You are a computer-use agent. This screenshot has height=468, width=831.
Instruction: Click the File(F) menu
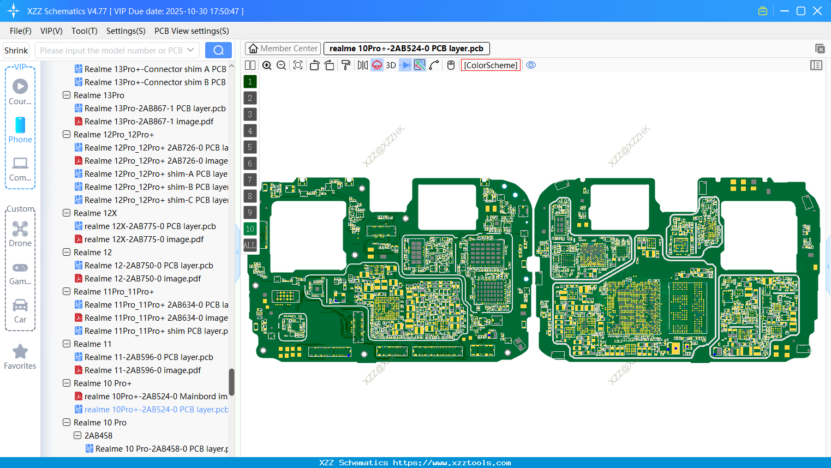tap(20, 31)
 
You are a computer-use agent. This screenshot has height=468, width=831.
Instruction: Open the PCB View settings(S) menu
tap(192, 31)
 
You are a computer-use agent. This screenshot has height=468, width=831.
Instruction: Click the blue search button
tap(218, 50)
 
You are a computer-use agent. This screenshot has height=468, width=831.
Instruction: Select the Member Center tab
tap(283, 49)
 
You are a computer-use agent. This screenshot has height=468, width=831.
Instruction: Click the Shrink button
tap(16, 50)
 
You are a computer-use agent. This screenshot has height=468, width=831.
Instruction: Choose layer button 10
tap(250, 229)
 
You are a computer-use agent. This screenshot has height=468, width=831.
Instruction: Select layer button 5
tap(250, 147)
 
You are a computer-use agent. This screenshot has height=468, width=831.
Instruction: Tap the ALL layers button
tap(250, 245)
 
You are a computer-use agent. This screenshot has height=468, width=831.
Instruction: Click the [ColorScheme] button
tap(491, 65)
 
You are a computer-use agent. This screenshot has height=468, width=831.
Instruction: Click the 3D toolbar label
tap(391, 65)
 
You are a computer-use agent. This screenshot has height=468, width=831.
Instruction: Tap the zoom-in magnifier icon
tap(267, 65)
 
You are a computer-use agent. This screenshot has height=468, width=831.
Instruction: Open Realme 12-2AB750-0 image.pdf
tap(142, 279)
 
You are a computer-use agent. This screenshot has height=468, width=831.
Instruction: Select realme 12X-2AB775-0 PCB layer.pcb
tap(150, 226)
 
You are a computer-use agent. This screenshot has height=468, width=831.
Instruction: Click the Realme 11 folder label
tap(92, 344)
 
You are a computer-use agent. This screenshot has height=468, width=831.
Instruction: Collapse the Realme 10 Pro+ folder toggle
tap(67, 383)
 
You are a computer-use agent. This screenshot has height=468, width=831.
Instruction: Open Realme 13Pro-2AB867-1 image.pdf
tap(148, 122)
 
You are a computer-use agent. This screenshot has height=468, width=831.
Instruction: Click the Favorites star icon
tap(20, 352)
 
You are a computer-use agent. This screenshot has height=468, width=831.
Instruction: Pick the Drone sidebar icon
tap(20, 229)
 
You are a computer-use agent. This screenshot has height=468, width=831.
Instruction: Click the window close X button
tap(817, 11)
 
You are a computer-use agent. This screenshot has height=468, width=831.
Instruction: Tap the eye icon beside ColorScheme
tap(531, 65)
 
